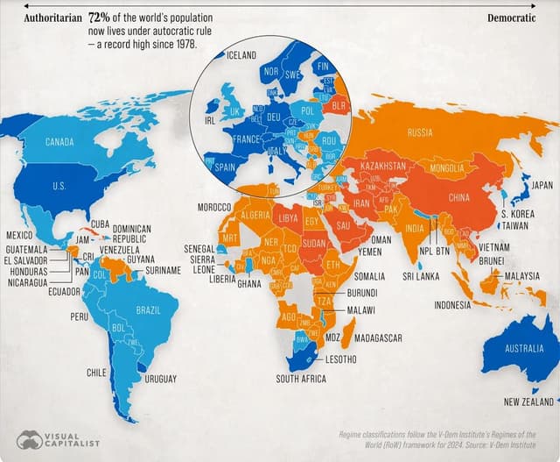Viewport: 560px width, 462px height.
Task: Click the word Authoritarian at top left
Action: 52,18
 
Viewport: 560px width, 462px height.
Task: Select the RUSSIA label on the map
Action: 420,132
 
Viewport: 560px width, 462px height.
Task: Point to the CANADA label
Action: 59,142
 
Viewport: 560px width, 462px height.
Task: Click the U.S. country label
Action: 59,186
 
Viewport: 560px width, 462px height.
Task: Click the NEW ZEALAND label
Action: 527,402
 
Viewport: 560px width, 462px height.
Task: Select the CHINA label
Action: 460,197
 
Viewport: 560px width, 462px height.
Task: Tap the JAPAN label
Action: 542,185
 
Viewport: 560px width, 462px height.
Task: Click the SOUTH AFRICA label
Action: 301,379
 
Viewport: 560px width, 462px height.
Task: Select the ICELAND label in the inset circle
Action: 241,55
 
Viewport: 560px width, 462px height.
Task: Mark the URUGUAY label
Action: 160,379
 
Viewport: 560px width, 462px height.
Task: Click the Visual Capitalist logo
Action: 58,438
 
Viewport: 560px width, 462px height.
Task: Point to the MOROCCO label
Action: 213,206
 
